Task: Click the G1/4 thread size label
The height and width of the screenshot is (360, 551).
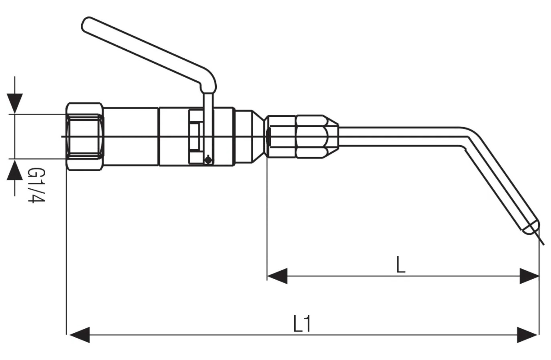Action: point(37,185)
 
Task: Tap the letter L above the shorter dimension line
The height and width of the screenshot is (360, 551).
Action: point(401,265)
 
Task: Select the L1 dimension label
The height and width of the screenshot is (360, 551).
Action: point(302,324)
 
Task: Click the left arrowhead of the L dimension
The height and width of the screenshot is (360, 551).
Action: point(277,276)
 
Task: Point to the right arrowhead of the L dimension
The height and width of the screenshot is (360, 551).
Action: point(529,276)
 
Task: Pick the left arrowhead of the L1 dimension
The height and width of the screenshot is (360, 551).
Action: point(79,335)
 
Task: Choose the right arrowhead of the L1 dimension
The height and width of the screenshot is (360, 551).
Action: point(527,335)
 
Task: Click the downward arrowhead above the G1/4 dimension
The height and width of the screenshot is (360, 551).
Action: point(15,103)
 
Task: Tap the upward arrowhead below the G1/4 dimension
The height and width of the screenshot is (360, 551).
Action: point(15,170)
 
